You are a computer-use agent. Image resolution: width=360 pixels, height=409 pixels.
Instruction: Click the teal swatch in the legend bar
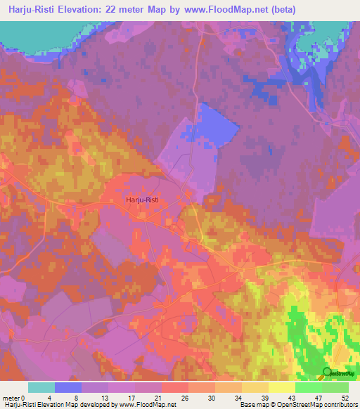pos(41,387)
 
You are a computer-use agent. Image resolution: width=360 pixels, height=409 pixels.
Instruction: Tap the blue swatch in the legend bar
pos(68,387)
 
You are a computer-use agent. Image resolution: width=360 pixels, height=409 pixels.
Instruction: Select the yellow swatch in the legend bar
pos(282,387)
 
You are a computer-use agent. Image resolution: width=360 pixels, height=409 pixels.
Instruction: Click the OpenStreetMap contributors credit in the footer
pos(316,405)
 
